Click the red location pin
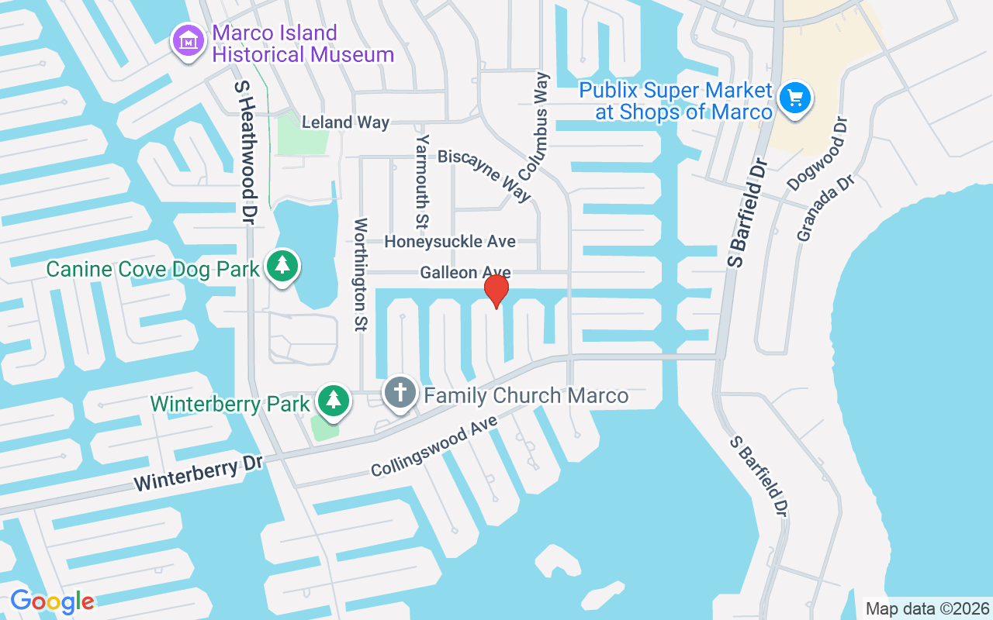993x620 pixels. (x=496, y=291)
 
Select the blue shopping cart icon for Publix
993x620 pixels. (x=795, y=98)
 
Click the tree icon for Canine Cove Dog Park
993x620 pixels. (x=283, y=266)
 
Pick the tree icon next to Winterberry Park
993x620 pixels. (x=334, y=400)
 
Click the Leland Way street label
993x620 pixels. (x=345, y=122)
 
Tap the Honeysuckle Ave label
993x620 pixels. (x=450, y=242)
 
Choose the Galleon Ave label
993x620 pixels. (x=465, y=273)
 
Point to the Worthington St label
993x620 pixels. (x=360, y=274)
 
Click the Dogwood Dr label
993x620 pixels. (x=818, y=154)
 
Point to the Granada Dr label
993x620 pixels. (x=825, y=207)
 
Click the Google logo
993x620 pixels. (x=53, y=601)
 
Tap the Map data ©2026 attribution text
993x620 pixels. (x=927, y=608)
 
